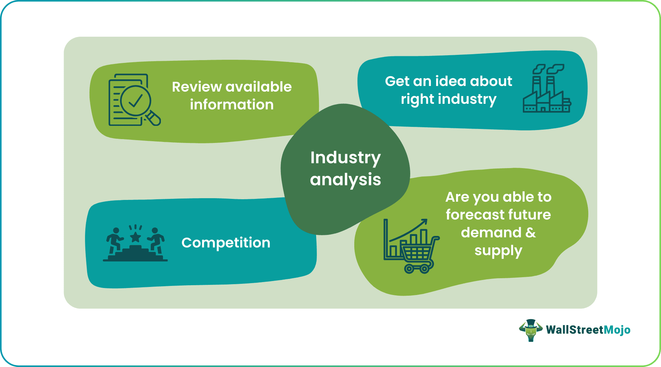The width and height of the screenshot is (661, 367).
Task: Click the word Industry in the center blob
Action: pos(346,158)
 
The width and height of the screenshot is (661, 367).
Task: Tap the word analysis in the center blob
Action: pos(346,180)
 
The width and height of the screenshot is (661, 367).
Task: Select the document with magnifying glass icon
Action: pos(134,100)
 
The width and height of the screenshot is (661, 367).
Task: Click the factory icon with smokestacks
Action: pos(547,88)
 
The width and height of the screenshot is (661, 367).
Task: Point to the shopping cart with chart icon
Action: pos(411,246)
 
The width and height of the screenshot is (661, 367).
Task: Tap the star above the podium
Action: pos(135,237)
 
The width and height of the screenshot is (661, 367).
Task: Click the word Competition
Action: pos(226,243)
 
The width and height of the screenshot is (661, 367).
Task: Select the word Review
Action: pos(197,87)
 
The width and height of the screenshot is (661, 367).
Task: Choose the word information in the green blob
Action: pos(232,105)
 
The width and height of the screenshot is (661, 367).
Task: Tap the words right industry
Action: pos(449,99)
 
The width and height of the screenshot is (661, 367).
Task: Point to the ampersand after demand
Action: pos(531,232)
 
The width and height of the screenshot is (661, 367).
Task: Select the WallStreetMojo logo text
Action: pos(588,330)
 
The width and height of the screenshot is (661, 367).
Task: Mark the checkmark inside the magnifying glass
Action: pos(135,101)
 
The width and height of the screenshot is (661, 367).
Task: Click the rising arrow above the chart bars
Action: pos(408,230)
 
